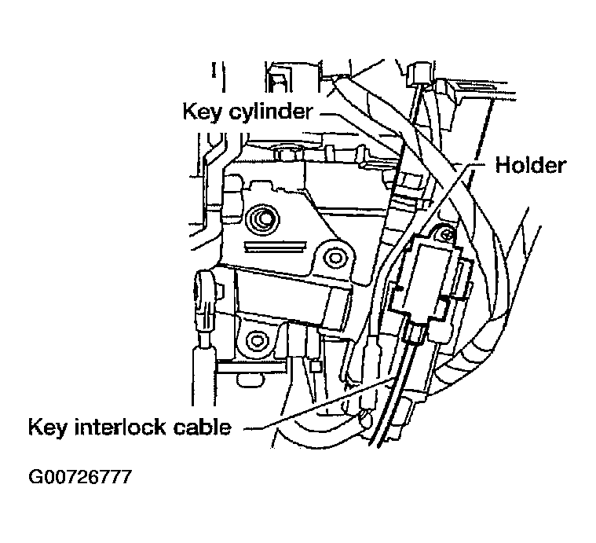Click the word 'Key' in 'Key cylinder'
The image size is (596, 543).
199,111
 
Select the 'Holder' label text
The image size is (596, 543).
530,166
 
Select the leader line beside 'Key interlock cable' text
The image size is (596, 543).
259,429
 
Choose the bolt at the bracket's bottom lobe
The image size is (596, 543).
257,341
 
